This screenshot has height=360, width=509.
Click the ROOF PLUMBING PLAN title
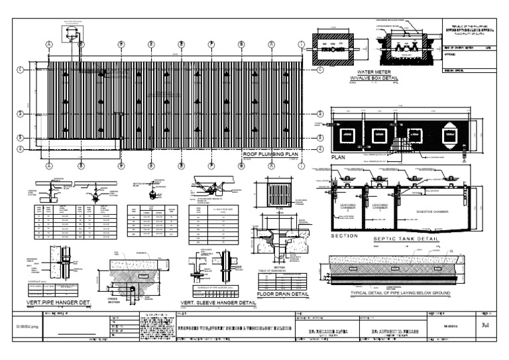pyautogui.click(x=271, y=154)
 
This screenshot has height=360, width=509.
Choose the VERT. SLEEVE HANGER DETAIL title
pyautogui.click(x=218, y=303)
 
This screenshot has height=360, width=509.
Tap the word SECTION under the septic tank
pyautogui.click(x=344, y=237)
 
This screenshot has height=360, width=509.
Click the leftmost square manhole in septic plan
pyautogui.click(x=347, y=136)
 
